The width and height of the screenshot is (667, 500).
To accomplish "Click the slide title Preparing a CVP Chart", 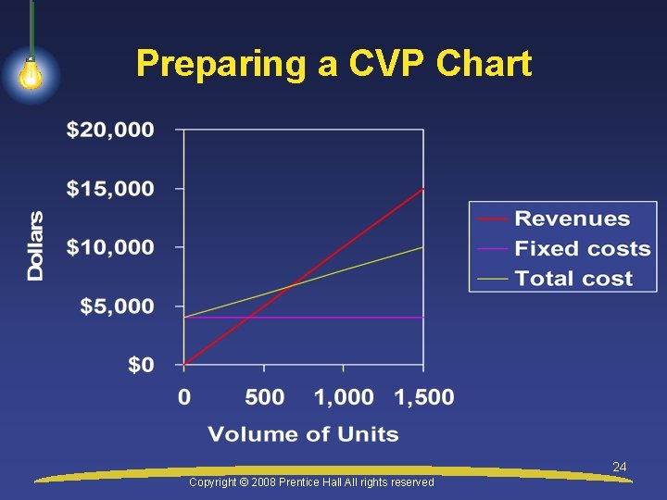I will point(333,64).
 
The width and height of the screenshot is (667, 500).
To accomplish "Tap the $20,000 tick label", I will point(110,130).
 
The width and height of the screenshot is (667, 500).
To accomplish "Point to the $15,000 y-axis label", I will point(110,189).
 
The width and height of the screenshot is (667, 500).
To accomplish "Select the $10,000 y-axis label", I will point(110,247).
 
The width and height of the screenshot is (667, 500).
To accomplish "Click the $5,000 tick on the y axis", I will point(117,306).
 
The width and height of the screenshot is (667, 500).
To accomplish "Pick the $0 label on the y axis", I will point(141,365).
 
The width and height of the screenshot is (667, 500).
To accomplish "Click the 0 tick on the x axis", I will point(184,397).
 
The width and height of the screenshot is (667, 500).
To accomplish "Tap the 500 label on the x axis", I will point(264,397).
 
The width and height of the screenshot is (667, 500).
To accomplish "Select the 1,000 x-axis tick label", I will point(344,397).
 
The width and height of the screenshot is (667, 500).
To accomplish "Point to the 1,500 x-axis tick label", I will point(424,397).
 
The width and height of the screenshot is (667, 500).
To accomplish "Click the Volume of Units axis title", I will point(303,434).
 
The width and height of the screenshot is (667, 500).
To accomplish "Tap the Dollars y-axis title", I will point(35,246).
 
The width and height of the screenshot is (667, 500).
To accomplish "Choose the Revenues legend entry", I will point(572,219).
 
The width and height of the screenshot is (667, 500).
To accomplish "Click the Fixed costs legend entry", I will point(582,249).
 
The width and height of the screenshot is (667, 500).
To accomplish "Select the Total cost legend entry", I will point(573,279).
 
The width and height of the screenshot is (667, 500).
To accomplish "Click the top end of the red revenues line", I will point(423,189).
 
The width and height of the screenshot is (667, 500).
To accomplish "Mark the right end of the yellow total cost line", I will point(423,247).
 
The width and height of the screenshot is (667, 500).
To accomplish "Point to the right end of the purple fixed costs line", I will point(423,318).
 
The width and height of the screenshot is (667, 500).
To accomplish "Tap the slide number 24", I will point(620,468).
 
